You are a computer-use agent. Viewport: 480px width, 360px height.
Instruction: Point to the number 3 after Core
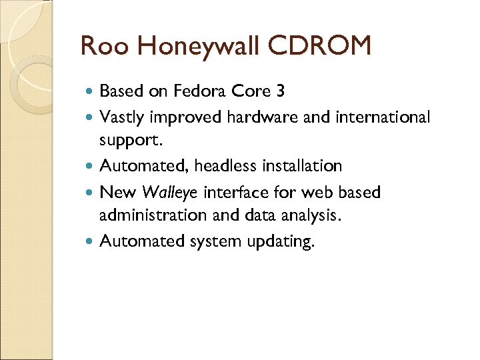click(279, 91)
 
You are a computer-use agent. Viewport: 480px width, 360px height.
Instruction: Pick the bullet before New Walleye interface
click(91, 193)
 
